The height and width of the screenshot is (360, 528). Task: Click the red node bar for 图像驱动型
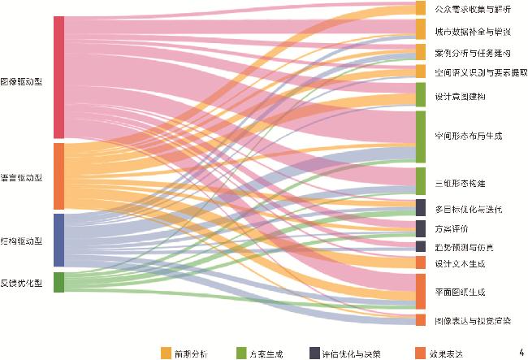[x=58, y=77]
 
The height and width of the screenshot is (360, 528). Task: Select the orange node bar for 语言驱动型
[x=58, y=176]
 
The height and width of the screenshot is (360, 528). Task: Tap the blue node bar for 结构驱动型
[x=58, y=240]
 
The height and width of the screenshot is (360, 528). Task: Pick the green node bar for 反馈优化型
[x=58, y=282]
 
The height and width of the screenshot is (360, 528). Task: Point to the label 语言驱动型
[x=21, y=177]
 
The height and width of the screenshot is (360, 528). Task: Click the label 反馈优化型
[x=21, y=283]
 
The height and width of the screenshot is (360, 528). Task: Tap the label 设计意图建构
[x=460, y=96]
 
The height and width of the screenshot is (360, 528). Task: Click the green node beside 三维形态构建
[x=420, y=180]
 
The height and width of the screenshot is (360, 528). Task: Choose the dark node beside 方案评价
[x=420, y=228]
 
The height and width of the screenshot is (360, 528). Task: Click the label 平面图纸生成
[x=460, y=292]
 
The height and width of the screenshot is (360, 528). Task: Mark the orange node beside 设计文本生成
[x=420, y=263]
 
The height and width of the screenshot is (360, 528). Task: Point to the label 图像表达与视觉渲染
[x=473, y=320]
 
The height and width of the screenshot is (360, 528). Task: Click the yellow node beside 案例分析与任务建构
[x=420, y=53]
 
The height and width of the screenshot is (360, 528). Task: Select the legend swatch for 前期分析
[x=166, y=353]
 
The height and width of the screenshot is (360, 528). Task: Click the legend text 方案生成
[x=266, y=353]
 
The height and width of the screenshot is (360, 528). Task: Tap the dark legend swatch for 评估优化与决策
[x=314, y=353]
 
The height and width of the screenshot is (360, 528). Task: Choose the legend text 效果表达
[x=446, y=353]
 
